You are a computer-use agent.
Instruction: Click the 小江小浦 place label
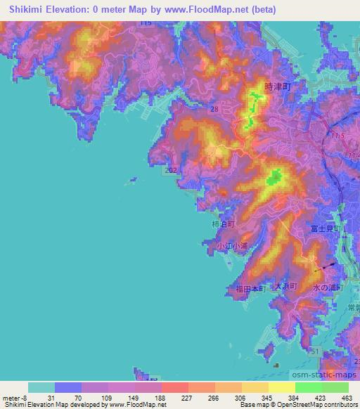click(233, 245)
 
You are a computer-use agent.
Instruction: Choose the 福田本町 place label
click(250, 288)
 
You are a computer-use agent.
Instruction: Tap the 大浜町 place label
click(286, 287)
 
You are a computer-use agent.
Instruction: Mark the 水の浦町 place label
click(327, 288)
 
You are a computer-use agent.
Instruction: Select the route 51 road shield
click(317, 351)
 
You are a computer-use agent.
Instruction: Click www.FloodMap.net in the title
click(212, 9)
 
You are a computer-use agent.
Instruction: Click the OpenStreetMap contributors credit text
click(318, 405)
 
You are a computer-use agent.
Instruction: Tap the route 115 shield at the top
click(146, 23)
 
